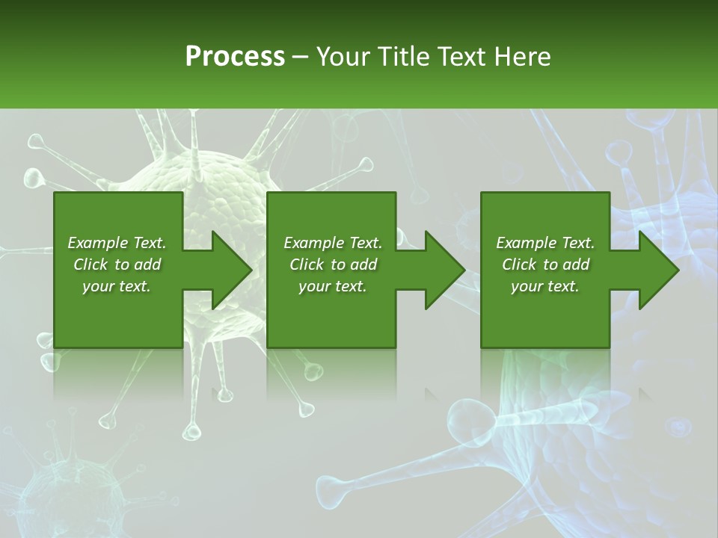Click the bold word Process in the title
pyautogui.click(x=234, y=57)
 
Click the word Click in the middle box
pyautogui.click(x=307, y=265)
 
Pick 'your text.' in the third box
pyautogui.click(x=545, y=286)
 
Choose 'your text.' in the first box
pyautogui.click(x=117, y=286)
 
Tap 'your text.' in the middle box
pyautogui.click(x=333, y=286)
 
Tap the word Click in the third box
pyautogui.click(x=520, y=265)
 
